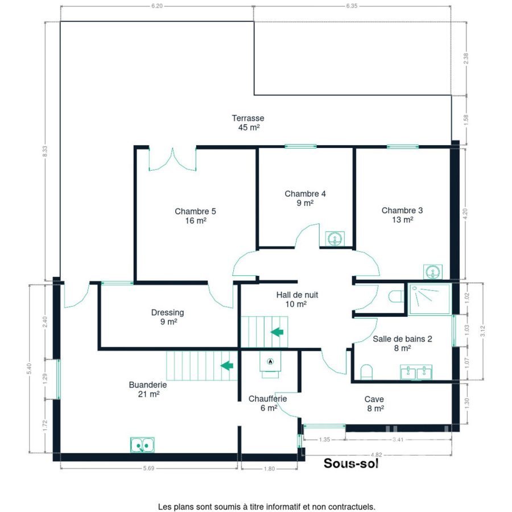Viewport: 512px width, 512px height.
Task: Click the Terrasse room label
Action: pos(248,123)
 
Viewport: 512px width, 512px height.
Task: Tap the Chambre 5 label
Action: pos(195,216)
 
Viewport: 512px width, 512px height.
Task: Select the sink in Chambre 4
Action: pos(335,238)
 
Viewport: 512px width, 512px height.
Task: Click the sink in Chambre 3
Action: pos(433,272)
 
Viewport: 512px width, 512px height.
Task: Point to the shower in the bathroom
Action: pos(430,299)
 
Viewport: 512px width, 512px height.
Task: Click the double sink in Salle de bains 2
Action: pos(416,372)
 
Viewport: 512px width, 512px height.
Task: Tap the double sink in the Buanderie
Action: pos(142,445)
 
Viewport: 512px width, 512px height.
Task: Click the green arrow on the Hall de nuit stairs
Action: pos(277,332)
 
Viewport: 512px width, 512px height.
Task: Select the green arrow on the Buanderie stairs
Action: pos(227,365)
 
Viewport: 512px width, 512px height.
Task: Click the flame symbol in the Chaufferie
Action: pos(270,361)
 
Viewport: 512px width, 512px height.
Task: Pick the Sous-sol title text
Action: pos(351,463)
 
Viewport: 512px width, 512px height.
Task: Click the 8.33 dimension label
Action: pos(45,151)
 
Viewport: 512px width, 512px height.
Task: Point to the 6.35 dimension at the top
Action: pos(352,6)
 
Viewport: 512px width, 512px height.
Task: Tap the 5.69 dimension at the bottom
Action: pos(148,468)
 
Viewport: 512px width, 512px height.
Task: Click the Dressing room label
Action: pos(167,317)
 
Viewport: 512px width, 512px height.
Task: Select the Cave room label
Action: pos(375,403)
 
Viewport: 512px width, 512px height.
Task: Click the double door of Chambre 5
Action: pos(172,159)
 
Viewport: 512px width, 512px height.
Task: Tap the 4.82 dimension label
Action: pos(376,455)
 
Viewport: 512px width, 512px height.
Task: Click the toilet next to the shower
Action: pos(396,296)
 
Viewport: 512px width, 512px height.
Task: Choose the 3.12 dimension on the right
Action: pos(483,331)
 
